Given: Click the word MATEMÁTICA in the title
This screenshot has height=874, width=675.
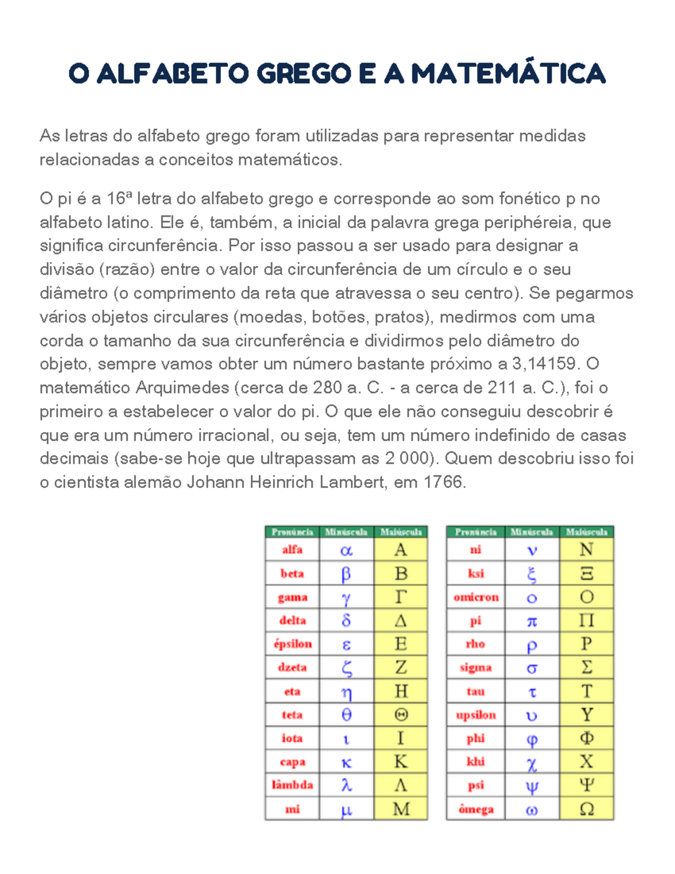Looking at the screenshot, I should [x=508, y=74].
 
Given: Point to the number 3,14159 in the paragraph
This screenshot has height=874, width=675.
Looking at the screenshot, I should [x=544, y=364].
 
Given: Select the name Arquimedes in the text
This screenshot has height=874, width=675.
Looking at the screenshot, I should [x=182, y=388].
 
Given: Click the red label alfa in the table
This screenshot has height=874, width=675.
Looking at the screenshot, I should [x=292, y=550].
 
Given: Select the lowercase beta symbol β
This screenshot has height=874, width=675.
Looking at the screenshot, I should [x=346, y=573].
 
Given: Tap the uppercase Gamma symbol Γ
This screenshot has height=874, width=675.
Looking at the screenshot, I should [x=400, y=597].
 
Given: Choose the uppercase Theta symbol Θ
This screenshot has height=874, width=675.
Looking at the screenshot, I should [x=401, y=715].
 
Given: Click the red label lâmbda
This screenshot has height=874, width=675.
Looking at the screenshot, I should [x=292, y=785].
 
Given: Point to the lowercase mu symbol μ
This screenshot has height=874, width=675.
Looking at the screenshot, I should [x=346, y=810].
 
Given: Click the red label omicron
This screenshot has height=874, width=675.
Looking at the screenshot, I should [x=476, y=597].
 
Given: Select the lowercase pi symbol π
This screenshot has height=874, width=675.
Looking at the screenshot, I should [x=532, y=621].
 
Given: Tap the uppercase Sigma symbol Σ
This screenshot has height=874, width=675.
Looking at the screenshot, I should [x=586, y=667].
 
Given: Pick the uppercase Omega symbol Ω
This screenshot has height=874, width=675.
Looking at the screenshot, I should [x=586, y=809].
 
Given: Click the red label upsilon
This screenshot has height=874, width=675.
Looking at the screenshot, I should [x=476, y=715].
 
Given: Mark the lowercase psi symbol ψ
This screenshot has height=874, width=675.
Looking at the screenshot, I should [x=532, y=786].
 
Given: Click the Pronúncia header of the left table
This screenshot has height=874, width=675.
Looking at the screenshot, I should [x=292, y=532].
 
